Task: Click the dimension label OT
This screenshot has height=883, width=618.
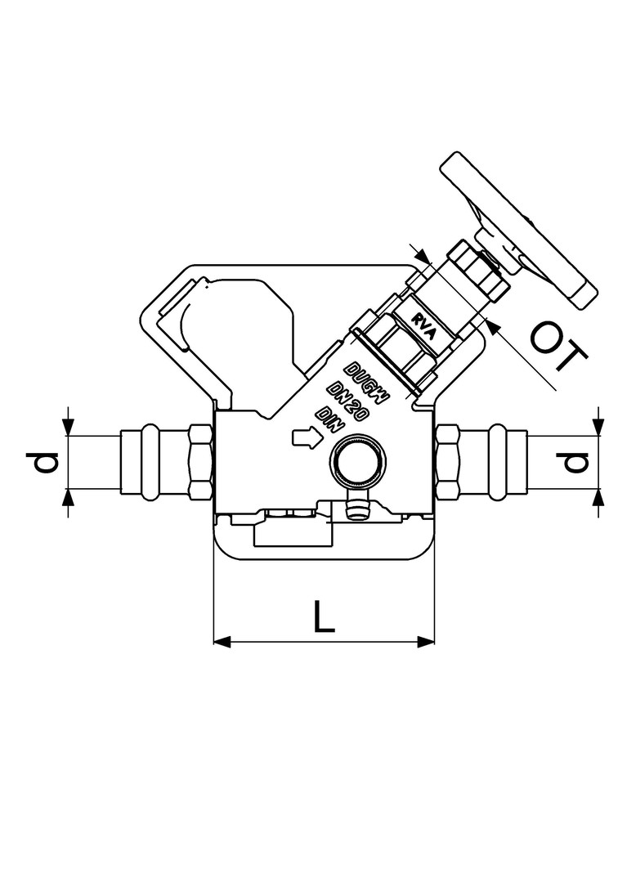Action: click(x=558, y=346)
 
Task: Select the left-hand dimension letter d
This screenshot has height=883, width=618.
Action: click(x=43, y=463)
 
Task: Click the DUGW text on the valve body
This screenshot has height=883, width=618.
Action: click(x=366, y=383)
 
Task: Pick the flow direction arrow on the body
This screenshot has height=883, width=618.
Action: click(x=307, y=438)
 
